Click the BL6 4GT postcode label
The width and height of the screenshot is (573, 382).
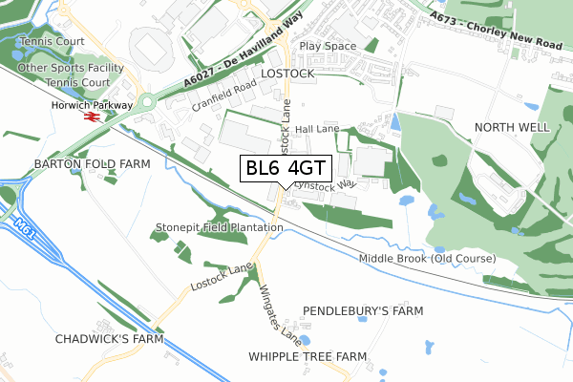[286, 169]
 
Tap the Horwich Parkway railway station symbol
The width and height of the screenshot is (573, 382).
[93, 116]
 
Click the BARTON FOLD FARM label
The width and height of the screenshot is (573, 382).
[93, 164]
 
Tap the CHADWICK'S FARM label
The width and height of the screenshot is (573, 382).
[109, 338]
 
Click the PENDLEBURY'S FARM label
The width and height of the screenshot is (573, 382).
[362, 311]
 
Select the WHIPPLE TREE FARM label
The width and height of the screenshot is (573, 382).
[308, 356]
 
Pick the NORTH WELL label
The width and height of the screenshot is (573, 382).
[513, 127]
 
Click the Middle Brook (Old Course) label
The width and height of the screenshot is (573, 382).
[428, 259]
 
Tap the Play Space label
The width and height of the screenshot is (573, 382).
[328, 46]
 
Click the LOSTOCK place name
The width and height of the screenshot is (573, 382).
[287, 74]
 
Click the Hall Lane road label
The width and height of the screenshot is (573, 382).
[317, 129]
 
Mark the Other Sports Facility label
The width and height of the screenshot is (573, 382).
[71, 69]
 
